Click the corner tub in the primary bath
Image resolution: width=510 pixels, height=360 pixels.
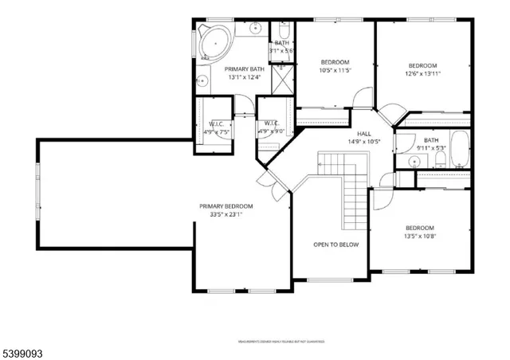(211, 43)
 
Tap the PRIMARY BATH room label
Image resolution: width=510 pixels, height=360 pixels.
(245, 69)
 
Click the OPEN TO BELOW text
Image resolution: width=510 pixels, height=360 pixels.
(335, 245)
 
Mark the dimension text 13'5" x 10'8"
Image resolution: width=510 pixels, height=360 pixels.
(419, 236)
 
